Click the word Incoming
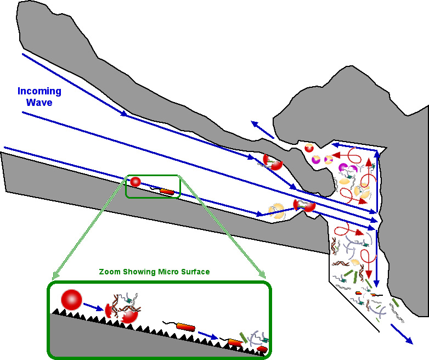pos(39,91)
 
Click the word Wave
pos(39,102)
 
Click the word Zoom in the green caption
pos(110,272)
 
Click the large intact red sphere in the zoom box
pos(71,300)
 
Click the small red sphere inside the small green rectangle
pos(136,182)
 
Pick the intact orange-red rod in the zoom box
pos(185,327)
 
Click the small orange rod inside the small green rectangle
pos(167,192)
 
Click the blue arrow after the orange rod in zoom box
pos(208,335)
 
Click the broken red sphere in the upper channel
pos(273,161)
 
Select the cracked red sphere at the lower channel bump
pos(306,205)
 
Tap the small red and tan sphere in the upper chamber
pos(309,148)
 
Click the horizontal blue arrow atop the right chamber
pos(354,147)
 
